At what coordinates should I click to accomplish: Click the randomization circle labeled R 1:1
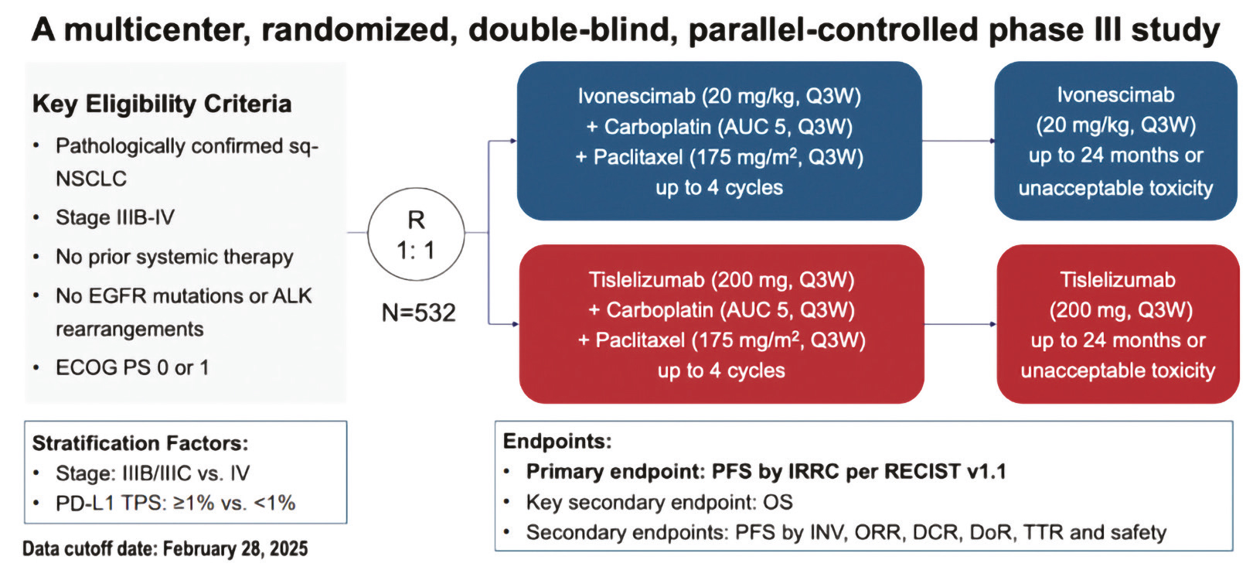(x=416, y=234)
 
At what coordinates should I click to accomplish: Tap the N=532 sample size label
(x=418, y=312)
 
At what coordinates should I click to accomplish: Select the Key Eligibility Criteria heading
(x=162, y=104)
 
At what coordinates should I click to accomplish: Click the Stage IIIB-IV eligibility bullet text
(x=115, y=217)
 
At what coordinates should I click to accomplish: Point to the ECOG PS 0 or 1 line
(x=132, y=367)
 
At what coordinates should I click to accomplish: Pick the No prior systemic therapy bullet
(x=175, y=257)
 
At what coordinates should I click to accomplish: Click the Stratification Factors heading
(x=140, y=443)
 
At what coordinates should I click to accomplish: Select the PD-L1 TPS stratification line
(x=175, y=503)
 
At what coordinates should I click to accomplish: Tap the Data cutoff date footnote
(x=165, y=549)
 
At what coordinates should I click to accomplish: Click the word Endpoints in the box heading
(x=557, y=441)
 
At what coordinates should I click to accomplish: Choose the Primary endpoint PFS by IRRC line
(x=766, y=472)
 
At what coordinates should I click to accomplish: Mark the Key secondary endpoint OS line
(x=659, y=503)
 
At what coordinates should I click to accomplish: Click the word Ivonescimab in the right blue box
(x=1115, y=95)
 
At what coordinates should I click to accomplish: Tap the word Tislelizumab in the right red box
(x=1117, y=280)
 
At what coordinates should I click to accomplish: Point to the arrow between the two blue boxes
(x=958, y=141)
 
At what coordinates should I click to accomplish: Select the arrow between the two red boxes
(x=960, y=324)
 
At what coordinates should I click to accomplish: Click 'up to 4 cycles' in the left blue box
(x=719, y=188)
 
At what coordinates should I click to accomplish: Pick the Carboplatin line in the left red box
(x=721, y=310)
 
